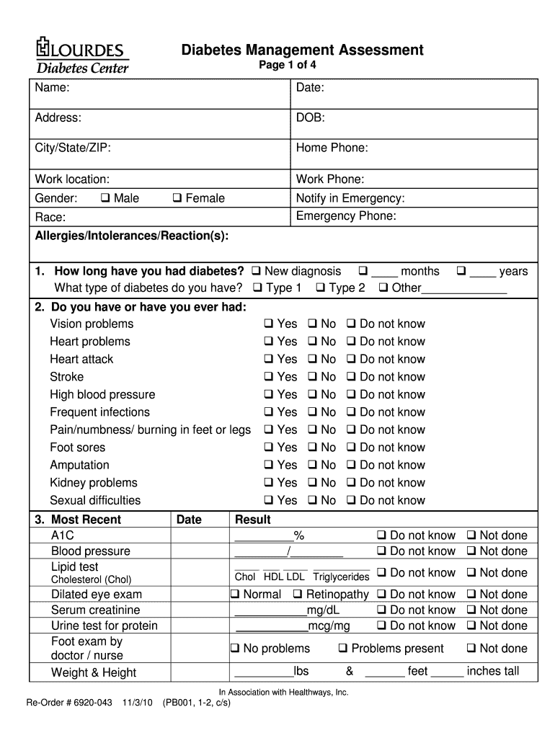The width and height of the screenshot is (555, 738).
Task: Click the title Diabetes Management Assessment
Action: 302,50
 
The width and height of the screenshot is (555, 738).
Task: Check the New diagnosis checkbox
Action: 256,272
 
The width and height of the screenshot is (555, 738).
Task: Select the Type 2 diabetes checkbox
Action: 320,288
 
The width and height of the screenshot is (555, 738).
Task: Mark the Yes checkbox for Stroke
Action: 268,377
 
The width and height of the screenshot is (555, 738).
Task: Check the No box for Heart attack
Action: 312,360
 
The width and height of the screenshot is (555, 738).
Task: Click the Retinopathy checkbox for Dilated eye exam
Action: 298,595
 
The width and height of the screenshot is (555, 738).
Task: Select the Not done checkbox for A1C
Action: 471,535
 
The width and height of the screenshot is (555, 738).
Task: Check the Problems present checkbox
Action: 343,649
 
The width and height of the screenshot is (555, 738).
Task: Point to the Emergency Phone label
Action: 346,216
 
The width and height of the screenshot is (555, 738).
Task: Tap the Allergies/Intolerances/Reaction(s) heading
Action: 132,236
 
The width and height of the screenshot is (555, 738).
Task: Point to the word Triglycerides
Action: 341,577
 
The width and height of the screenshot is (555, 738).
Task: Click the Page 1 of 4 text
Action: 287,66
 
